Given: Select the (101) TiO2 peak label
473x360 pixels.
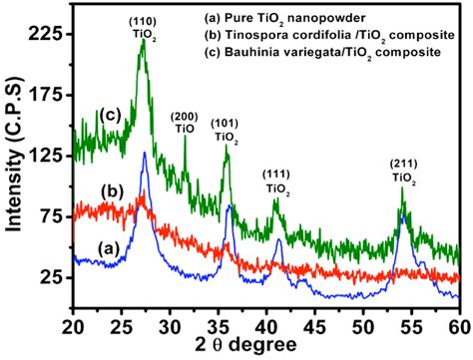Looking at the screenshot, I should click(225, 131).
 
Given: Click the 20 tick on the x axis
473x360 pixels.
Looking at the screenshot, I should click(74, 325).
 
